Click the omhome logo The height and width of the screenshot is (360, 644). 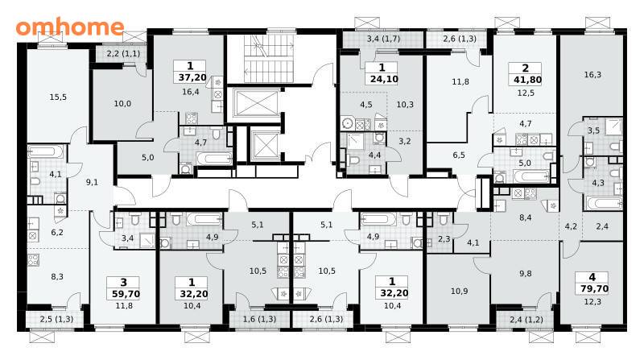(70, 27)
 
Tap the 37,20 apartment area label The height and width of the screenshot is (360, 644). (192, 77)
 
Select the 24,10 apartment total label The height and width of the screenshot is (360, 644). (384, 79)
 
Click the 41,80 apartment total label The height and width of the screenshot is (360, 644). (527, 80)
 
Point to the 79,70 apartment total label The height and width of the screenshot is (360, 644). (592, 288)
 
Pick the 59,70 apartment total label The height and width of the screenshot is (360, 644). (126, 294)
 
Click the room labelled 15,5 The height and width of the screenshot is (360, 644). (58, 97)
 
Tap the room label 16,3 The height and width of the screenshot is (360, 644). (592, 75)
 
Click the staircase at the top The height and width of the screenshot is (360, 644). (269, 58)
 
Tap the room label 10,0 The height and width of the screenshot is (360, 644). (122, 104)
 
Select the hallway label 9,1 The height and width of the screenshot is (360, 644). (92, 182)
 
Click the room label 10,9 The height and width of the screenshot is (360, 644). (459, 291)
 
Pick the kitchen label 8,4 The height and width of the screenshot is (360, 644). (526, 217)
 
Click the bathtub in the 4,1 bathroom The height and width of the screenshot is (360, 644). (46, 152)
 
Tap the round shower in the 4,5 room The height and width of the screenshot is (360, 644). (348, 124)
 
